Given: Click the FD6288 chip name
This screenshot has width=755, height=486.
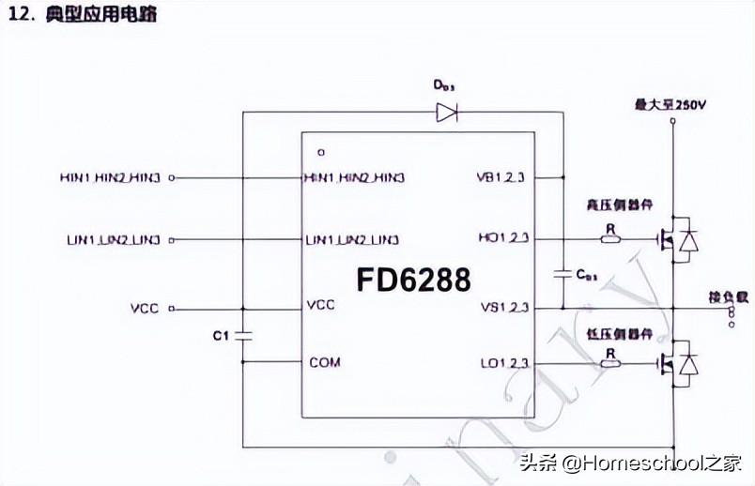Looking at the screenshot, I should click(x=413, y=279).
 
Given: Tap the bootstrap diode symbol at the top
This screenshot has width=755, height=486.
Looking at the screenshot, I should click(x=446, y=114).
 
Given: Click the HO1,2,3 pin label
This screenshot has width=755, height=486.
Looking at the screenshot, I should click(x=503, y=238).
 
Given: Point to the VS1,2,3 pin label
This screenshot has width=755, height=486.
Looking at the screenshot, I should click(x=503, y=307).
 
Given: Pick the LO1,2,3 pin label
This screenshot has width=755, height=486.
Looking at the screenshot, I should click(x=504, y=362).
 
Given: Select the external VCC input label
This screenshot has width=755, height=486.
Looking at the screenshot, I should click(x=146, y=308).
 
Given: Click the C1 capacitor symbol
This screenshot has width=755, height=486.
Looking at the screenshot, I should click(x=243, y=335).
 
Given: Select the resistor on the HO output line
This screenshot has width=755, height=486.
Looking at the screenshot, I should click(x=610, y=238).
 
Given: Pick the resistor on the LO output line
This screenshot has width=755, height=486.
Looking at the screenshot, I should click(x=610, y=362).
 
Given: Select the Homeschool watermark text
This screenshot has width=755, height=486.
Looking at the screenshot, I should click(x=630, y=463).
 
